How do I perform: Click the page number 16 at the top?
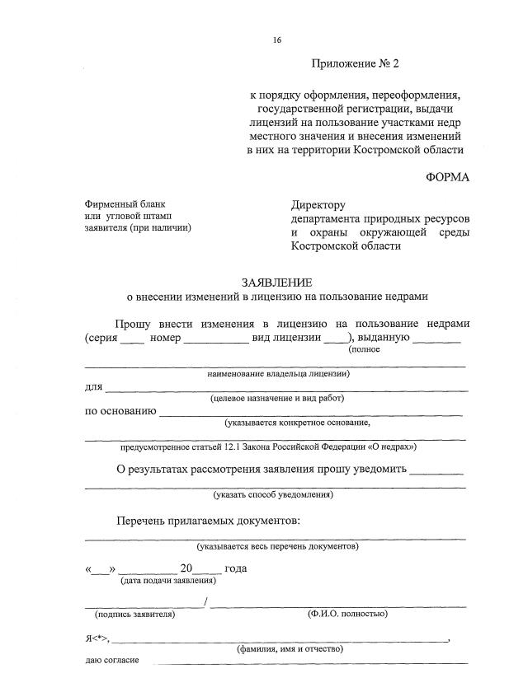(x=276, y=39)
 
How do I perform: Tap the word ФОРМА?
(x=447, y=177)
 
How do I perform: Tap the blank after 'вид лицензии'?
(x=336, y=339)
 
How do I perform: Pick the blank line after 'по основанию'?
(x=310, y=412)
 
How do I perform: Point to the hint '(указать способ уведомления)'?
(x=273, y=495)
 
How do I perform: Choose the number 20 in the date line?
(x=186, y=568)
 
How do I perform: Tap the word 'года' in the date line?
(x=235, y=568)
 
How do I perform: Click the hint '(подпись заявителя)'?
(x=134, y=614)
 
